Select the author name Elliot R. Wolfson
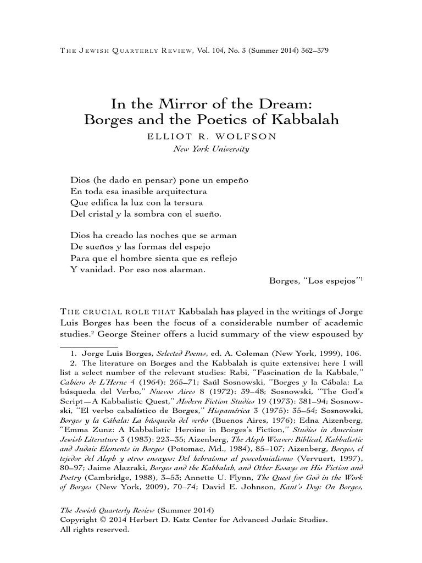[x=211, y=136]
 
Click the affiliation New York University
[x=211, y=148]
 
